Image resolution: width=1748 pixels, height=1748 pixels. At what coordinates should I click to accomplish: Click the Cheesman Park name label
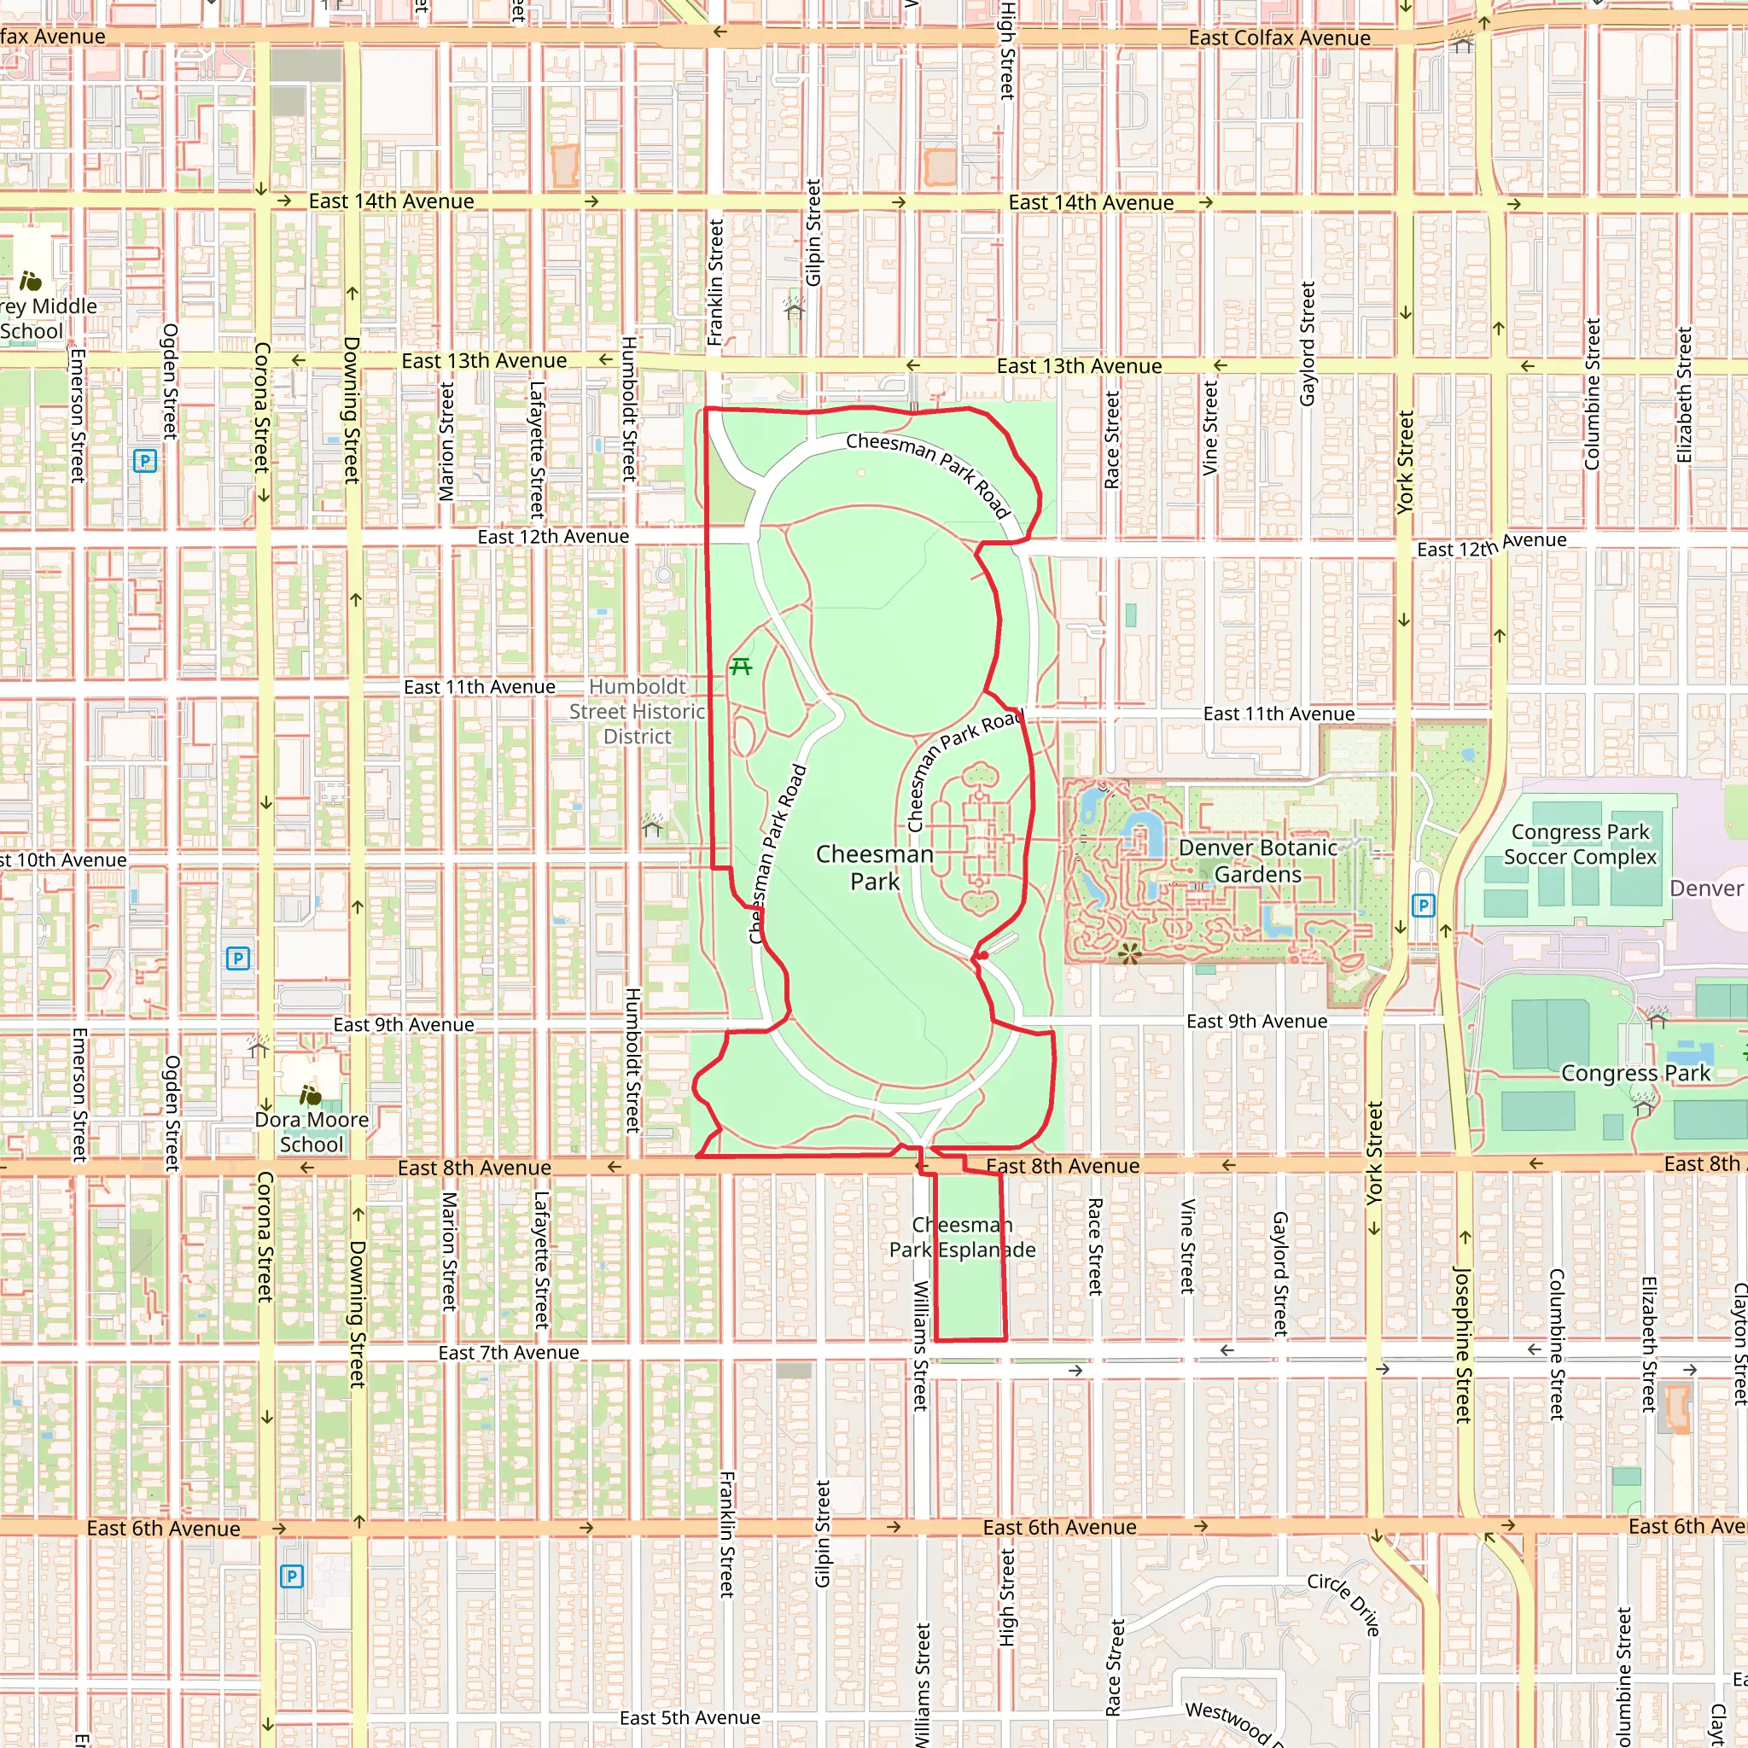pos(874,867)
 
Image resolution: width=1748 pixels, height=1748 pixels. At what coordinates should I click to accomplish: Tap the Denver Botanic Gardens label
pos(1257,860)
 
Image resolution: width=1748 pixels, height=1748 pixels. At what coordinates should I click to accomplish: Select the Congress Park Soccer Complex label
pos(1580,843)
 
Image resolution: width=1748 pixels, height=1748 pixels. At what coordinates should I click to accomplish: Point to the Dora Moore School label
pos(312,1131)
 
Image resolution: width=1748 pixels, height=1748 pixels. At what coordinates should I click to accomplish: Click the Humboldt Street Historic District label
pos(637,711)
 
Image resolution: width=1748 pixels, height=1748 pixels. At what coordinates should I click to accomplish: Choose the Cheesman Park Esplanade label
pos(962,1237)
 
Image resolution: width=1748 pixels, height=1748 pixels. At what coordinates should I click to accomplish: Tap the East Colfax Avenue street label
pos(1279,38)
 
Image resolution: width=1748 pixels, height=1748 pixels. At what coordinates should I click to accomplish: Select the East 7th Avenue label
pos(509,1353)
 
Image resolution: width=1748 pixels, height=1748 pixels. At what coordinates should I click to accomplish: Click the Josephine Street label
pos(1461,1343)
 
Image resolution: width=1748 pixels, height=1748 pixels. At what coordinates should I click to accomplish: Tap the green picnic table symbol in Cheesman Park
pos(741,667)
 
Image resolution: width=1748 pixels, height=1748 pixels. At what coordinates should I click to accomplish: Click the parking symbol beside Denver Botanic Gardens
pos(1423,905)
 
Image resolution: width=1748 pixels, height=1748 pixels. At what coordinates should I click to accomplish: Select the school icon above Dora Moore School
pos(311,1096)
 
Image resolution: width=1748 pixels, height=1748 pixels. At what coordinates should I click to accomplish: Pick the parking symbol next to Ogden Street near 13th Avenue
pos(145,462)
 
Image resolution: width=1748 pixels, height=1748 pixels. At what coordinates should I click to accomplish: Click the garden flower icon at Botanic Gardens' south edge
pos(1129,953)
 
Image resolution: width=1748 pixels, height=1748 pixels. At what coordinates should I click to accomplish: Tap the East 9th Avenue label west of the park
pos(404,1024)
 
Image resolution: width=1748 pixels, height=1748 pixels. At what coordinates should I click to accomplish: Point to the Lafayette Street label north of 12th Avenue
pos(537,450)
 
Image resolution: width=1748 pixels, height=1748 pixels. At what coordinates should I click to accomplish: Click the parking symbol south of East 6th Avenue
pos(291,1576)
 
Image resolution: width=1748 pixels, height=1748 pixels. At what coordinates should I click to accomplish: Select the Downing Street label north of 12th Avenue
pos(352,410)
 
